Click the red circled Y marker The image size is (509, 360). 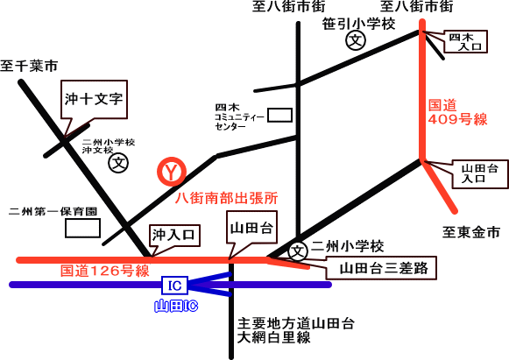click(x=172, y=172)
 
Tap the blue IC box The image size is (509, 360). click(x=175, y=286)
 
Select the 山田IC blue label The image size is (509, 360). click(x=175, y=306)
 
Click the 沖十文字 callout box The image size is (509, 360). click(x=94, y=99)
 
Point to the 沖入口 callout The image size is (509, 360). click(x=174, y=235)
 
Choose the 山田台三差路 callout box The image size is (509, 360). click(x=381, y=268)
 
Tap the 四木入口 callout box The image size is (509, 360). click(x=465, y=41)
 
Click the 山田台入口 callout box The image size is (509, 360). click(x=480, y=173)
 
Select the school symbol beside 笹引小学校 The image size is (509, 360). click(x=356, y=40)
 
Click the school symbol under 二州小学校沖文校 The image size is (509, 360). click(x=118, y=163)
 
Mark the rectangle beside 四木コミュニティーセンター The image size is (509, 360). click(x=279, y=116)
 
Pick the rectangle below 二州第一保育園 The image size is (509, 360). click(x=82, y=228)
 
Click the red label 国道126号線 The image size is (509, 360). click(x=105, y=271)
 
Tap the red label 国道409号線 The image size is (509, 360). click(x=457, y=112)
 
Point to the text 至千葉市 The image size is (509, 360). click(x=29, y=66)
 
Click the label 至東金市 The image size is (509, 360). click(x=471, y=232)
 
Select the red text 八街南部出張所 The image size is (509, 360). click(x=226, y=198)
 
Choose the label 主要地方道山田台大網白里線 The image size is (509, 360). click(x=295, y=330)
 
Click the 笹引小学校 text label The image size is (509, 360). click(x=358, y=24)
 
